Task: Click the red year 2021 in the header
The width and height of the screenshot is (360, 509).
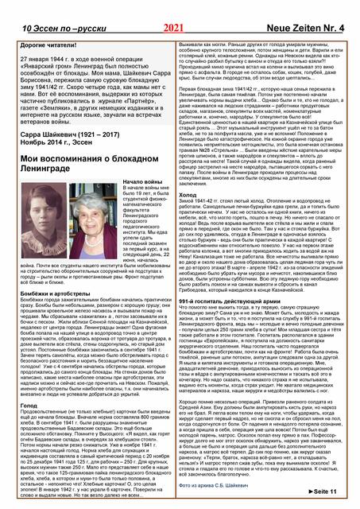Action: click(173, 7)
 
